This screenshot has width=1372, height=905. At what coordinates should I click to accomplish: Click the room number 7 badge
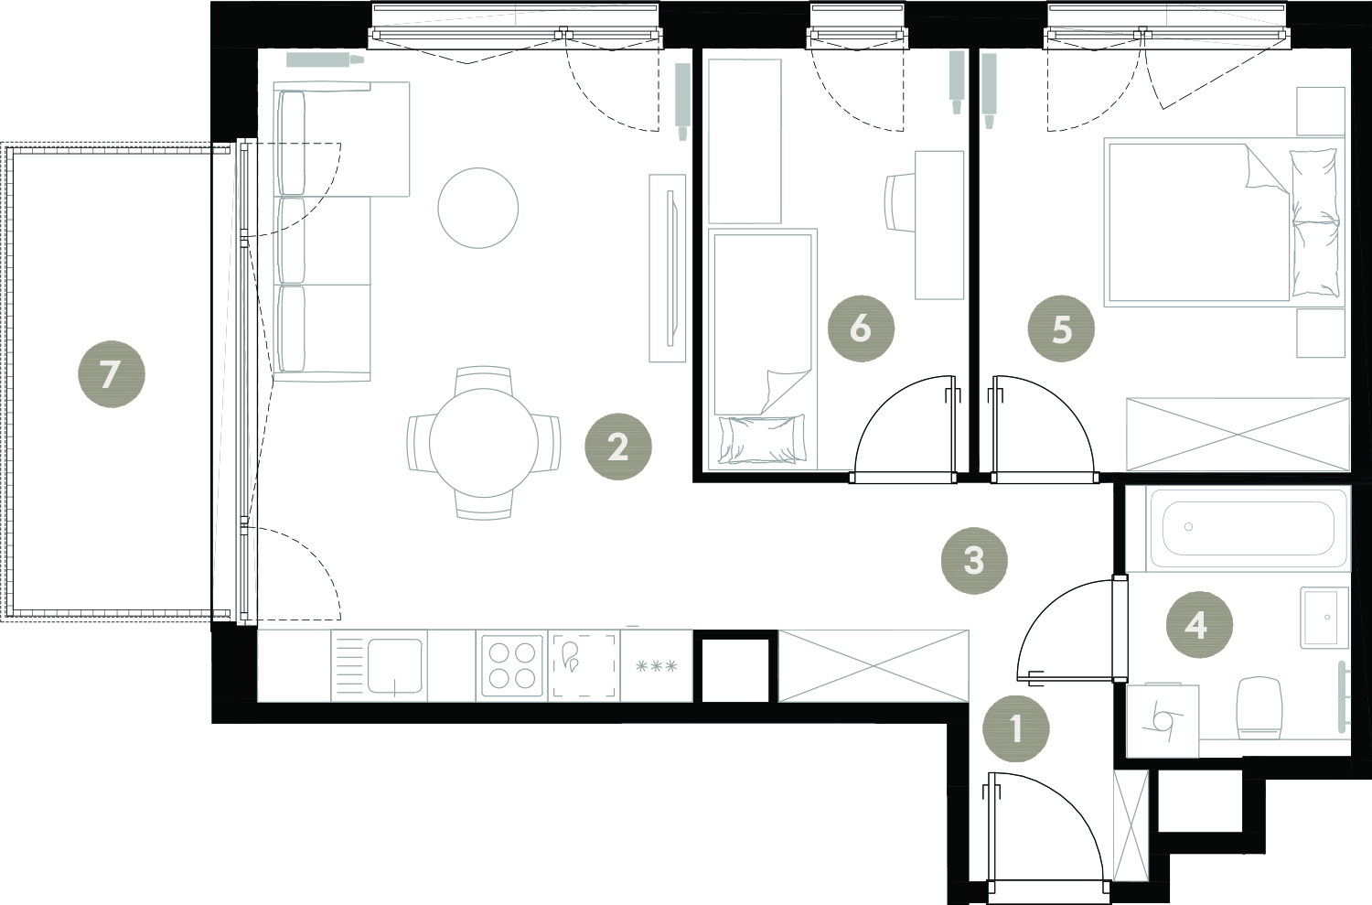coord(112,374)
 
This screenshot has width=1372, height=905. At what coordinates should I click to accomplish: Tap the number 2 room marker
coord(618,447)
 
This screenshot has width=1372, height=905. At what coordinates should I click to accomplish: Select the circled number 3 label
coord(974,561)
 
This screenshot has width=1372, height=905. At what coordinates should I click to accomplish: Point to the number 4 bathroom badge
coord(1199,625)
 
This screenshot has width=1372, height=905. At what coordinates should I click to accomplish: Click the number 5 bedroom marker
coord(1061,329)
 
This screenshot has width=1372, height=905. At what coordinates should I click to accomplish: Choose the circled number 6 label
coord(861,329)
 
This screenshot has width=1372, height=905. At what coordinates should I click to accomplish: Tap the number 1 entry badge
coord(1015,728)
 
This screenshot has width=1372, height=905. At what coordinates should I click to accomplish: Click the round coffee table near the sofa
coord(478,209)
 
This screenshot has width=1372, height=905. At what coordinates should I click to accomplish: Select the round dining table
coord(484,443)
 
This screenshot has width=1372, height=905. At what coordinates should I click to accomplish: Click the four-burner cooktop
coord(512,665)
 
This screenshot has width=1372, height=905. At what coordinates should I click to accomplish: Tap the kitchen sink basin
coord(394,666)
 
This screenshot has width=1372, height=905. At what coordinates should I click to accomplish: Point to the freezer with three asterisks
coord(657,665)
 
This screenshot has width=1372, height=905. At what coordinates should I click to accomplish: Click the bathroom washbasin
coord(1324,618)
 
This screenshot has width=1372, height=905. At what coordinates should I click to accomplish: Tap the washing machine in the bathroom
coord(1163,720)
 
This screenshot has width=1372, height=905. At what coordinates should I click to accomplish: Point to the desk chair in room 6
coord(900,202)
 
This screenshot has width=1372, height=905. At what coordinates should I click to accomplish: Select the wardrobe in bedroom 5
coord(1238,435)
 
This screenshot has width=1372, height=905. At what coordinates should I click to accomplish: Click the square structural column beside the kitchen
coord(735,666)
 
